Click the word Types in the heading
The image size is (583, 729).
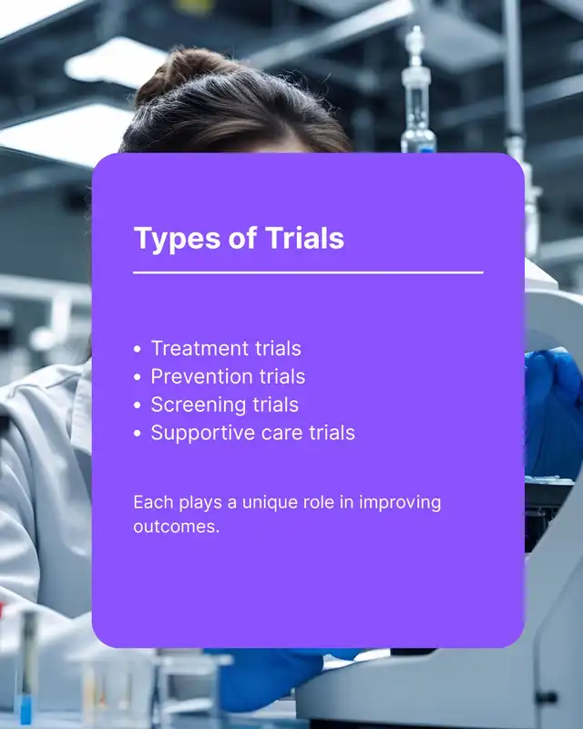[177, 240]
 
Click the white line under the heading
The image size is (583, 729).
[308, 272]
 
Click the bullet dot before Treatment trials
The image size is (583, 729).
[138, 349]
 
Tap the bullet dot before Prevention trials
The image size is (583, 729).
[138, 377]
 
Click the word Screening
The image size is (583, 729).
[198, 406]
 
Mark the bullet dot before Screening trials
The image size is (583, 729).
[138, 406]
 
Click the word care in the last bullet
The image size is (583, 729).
[281, 435]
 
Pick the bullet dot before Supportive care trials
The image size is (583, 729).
[138, 434]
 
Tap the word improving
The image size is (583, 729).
[400, 504]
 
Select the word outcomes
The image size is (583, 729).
[176, 527]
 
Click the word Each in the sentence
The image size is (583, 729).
[153, 502]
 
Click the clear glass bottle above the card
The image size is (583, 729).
[417, 93]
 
